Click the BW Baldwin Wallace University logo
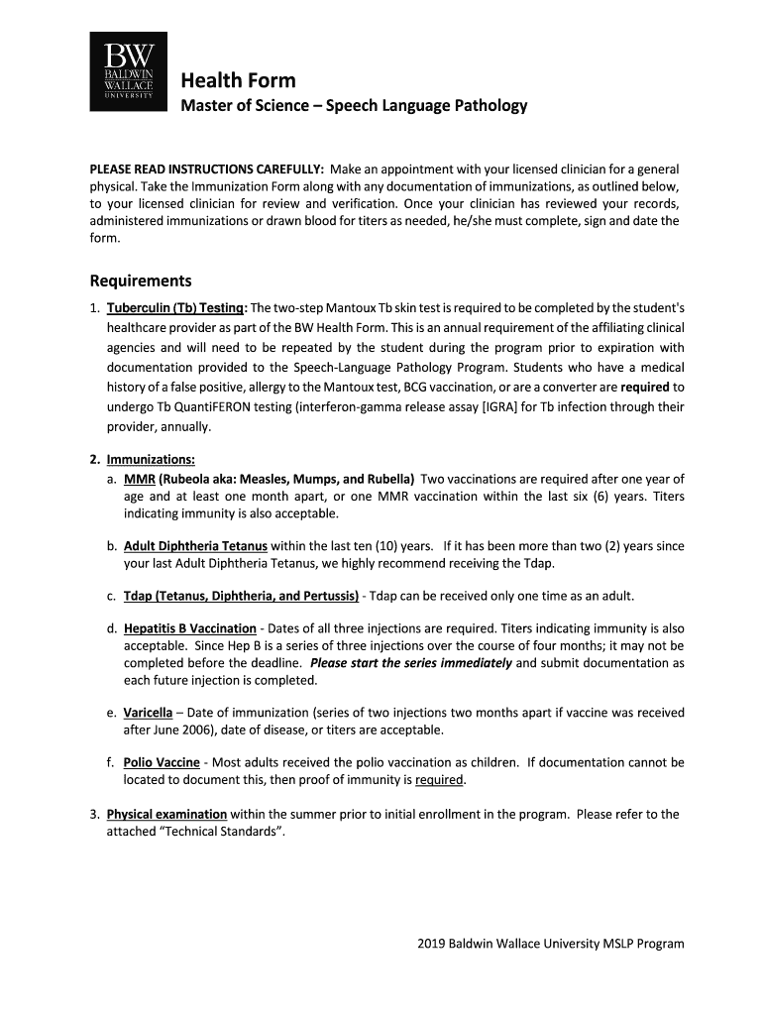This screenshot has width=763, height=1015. click(129, 70)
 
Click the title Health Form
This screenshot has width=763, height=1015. click(238, 80)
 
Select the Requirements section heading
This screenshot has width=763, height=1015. click(141, 281)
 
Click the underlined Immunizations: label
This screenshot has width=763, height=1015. click(151, 459)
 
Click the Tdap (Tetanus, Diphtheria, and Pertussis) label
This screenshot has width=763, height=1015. click(241, 596)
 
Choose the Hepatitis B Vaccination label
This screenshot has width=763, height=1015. click(189, 628)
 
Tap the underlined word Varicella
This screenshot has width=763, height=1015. click(149, 713)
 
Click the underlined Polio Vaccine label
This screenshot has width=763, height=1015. click(162, 762)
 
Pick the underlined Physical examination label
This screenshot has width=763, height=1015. click(166, 814)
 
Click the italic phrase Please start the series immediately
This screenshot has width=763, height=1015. click(411, 663)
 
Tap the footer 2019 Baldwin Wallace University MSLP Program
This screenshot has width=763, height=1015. click(550, 944)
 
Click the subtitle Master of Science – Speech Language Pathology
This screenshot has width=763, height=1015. click(353, 105)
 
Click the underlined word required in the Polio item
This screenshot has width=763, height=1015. click(439, 780)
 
